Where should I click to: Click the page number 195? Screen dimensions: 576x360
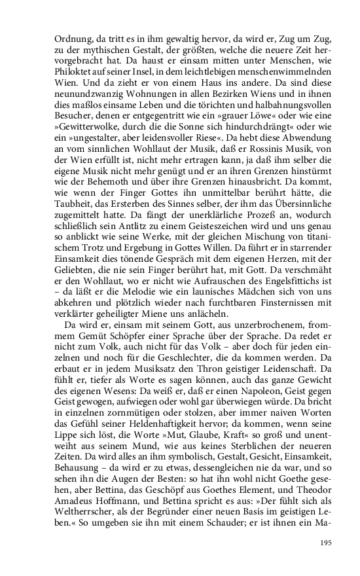click(326, 542)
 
